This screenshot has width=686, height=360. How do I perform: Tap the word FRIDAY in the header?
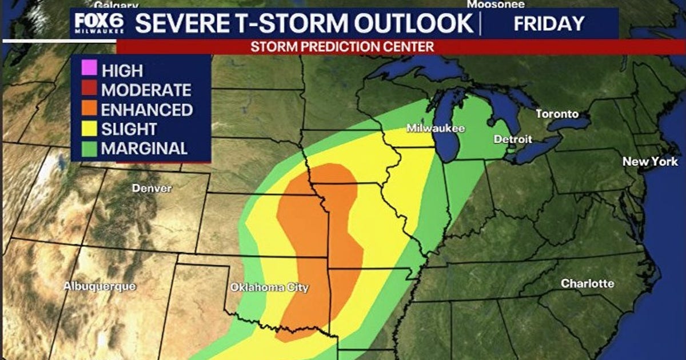pos(549,23)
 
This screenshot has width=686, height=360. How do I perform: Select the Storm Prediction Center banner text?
pos(342,47)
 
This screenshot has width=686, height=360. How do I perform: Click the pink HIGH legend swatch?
pos(89,70)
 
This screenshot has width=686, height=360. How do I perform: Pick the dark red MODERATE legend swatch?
pos(89,90)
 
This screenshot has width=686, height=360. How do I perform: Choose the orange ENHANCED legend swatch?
pos(89,109)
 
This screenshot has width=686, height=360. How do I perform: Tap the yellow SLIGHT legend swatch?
pos(89,129)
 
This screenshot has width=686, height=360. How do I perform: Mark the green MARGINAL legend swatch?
pos(89,149)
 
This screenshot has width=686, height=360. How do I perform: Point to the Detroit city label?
pos(513,139)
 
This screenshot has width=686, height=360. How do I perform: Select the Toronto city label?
pos(557,114)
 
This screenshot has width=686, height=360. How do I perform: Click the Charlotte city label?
pos(587,283)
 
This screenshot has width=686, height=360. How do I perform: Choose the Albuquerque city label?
pos(99,286)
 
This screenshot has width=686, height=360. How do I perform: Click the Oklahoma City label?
pos(269,288)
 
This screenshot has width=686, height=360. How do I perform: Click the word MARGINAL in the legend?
pos(144,149)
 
